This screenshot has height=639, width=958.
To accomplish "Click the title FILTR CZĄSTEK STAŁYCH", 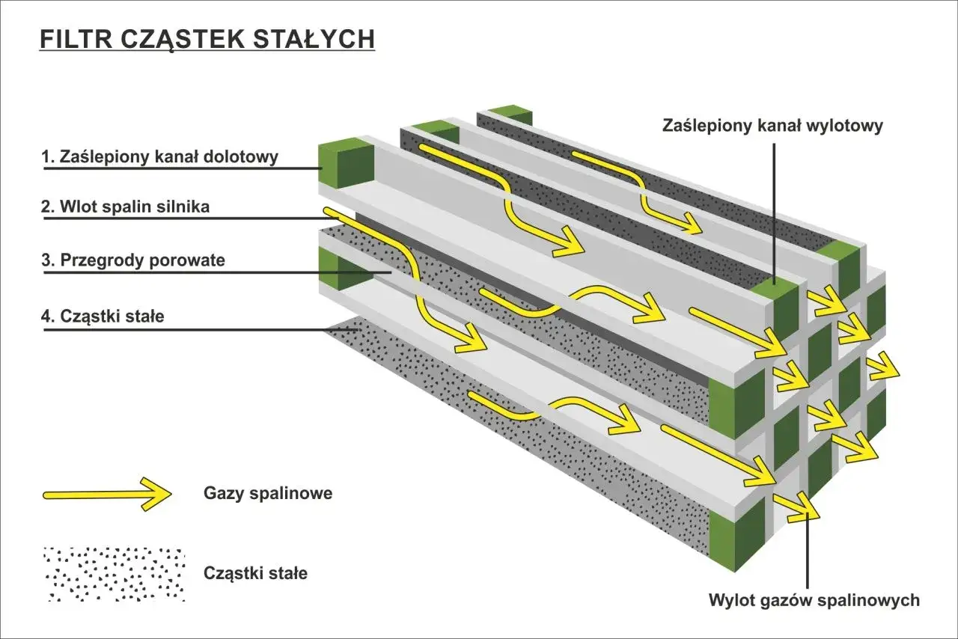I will click(x=207, y=39).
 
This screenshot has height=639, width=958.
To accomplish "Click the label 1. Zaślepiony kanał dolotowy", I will click(x=159, y=157).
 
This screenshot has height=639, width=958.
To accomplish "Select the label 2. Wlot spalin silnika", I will click(x=125, y=208).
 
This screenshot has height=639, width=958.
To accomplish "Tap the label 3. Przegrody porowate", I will click(x=132, y=261).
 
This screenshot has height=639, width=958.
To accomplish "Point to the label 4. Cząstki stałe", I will click(x=102, y=317).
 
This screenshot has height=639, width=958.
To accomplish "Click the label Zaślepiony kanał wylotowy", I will click(x=772, y=126).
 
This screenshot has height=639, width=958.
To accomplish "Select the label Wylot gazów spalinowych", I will click(x=814, y=600).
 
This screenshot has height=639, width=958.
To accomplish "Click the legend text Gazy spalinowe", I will click(x=267, y=494).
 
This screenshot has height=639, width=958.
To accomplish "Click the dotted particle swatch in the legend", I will click(x=114, y=575).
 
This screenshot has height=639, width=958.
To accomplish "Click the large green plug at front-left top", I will click(x=346, y=163).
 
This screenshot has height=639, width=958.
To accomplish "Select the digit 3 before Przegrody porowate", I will click(x=46, y=261).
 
